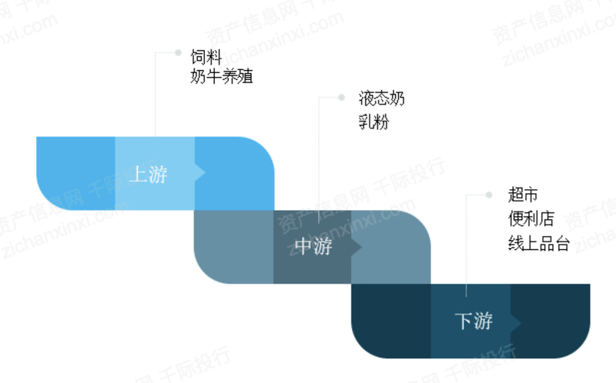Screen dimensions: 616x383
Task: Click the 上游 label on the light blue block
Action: click(149, 174)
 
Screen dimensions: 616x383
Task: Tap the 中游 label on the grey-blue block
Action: click(313, 247)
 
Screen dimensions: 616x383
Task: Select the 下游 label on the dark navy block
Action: click(474, 321)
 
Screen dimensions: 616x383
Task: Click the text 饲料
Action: click(206, 57)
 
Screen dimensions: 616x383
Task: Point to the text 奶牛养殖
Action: click(222, 76)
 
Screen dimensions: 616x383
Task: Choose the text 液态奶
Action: click(381, 98)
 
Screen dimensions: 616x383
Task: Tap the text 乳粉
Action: click(373, 122)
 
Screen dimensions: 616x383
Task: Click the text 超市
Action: click(523, 195)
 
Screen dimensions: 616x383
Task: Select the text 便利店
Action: click(531, 218)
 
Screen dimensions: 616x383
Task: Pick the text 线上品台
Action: click(538, 243)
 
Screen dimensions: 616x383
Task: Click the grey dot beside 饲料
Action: click(178, 52)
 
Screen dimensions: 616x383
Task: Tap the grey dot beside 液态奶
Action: click(341, 97)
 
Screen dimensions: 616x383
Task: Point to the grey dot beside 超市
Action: click(489, 195)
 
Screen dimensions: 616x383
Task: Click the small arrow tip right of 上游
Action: click(205, 173)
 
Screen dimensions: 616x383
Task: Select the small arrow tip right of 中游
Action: click(361, 247)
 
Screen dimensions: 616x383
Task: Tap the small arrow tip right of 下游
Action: click(521, 323)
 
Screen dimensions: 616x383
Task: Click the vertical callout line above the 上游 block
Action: click(156, 95)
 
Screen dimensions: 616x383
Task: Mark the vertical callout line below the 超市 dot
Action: click(466, 245)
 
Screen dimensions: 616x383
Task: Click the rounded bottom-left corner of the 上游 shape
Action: click(46, 200)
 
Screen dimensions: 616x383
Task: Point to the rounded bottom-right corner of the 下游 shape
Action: click(581, 348)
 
